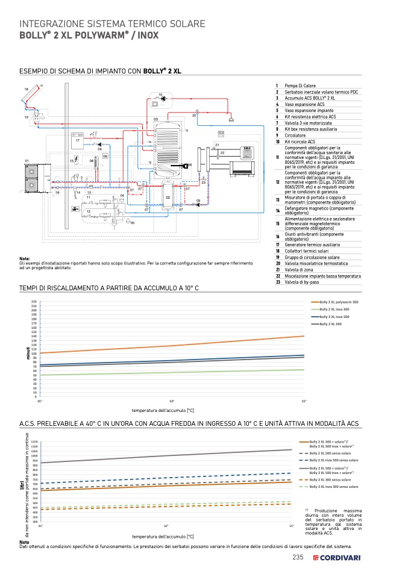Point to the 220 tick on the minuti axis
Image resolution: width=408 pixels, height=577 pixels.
click(x=34, y=301)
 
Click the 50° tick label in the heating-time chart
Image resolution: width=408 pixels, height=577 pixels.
click(x=172, y=401)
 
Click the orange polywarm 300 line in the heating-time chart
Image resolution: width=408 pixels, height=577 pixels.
click(x=172, y=346)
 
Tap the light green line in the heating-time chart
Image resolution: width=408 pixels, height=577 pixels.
click(x=172, y=373)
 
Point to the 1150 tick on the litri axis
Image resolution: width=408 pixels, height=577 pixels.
click(x=34, y=441)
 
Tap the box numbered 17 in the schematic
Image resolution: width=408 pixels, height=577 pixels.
click(x=78, y=141)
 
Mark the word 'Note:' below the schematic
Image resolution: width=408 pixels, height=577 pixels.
click(x=25, y=258)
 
